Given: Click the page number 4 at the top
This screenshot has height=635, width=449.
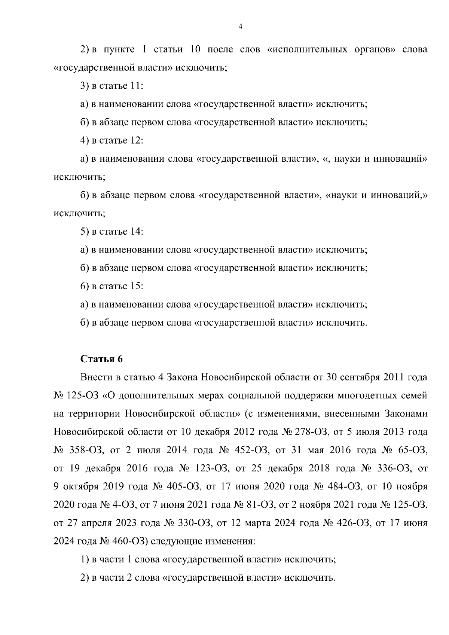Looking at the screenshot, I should (x=240, y=26).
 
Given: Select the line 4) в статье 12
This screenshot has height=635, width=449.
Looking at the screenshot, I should (x=112, y=140).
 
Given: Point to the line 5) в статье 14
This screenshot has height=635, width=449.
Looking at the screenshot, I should (x=112, y=231).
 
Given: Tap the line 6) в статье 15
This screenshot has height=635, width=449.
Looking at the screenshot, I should (x=112, y=286).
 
